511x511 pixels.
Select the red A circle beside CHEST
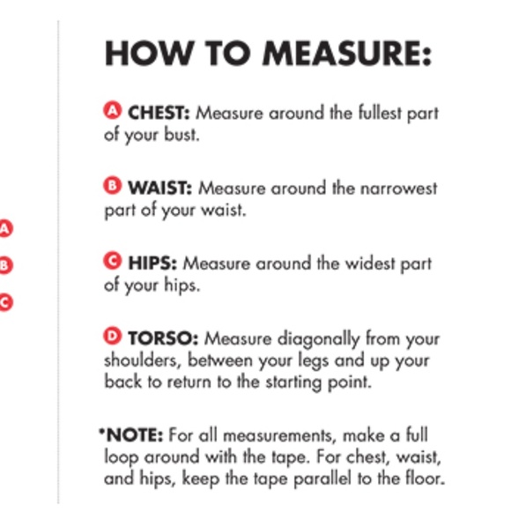(x=113, y=110)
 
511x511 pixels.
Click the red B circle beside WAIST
(x=113, y=185)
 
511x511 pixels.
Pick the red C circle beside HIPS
(x=113, y=261)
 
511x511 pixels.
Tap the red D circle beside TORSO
(x=113, y=336)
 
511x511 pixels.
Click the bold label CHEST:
(x=159, y=113)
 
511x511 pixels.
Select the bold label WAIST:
(x=160, y=188)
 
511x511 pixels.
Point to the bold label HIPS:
(x=152, y=263)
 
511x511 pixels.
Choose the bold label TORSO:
(x=163, y=338)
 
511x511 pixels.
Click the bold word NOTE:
(x=135, y=435)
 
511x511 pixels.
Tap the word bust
(x=181, y=135)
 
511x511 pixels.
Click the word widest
(x=370, y=263)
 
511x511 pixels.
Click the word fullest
(x=380, y=113)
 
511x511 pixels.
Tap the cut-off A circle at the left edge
(x=6, y=229)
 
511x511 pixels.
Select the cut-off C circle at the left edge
(x=6, y=303)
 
